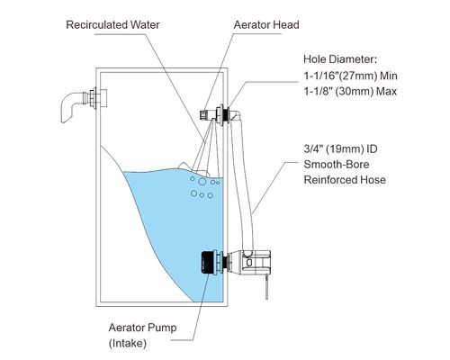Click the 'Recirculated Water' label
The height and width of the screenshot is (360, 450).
coord(112,24)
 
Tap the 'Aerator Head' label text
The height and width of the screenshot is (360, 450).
coord(266,24)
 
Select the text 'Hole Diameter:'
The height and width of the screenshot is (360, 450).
coord(340,59)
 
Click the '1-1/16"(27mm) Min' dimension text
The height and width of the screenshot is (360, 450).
coord(350,76)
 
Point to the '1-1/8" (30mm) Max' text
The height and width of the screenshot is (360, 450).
coord(350,91)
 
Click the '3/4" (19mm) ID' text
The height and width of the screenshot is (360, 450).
coord(340,148)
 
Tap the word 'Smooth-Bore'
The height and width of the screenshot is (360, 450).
coord(337,165)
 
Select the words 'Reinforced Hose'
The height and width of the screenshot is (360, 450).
coord(345,180)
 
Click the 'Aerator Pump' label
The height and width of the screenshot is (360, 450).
coord(142,328)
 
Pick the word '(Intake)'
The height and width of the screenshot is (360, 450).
coord(128,343)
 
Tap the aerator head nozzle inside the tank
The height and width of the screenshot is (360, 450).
coord(205,114)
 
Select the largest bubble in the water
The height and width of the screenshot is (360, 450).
coord(202,182)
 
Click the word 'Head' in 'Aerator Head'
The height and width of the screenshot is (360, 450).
coord(286,24)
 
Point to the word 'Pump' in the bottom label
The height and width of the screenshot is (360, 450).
coord(163,328)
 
